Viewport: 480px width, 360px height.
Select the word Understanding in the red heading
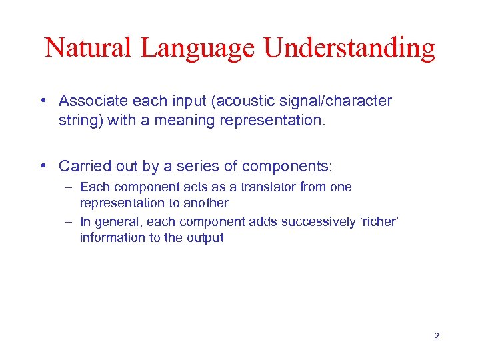click(x=349, y=48)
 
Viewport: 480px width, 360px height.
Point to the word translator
click(x=263, y=187)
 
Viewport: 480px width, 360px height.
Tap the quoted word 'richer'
click(x=380, y=222)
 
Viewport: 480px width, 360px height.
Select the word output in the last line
click(x=205, y=237)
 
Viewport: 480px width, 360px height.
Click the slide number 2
click(x=436, y=337)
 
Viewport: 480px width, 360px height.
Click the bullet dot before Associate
click(x=42, y=101)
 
